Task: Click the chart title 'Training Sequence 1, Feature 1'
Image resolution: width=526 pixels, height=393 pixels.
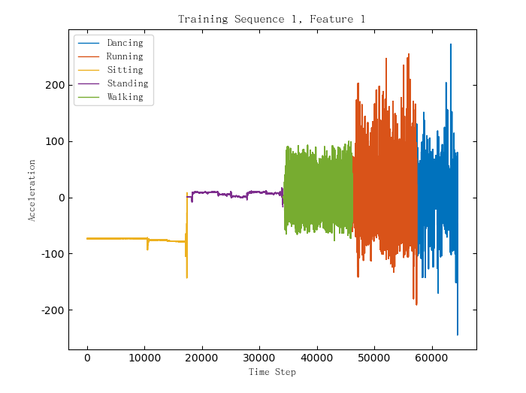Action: [x=271, y=19]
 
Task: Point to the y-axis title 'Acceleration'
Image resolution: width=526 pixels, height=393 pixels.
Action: [x=32, y=189]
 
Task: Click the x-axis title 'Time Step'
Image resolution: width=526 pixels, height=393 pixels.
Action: [x=272, y=372]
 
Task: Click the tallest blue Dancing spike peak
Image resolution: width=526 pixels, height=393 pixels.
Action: [x=451, y=45]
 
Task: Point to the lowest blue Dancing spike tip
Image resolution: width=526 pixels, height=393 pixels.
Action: [x=457, y=334]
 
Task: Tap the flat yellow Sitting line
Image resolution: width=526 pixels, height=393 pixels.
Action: [x=113, y=238]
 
